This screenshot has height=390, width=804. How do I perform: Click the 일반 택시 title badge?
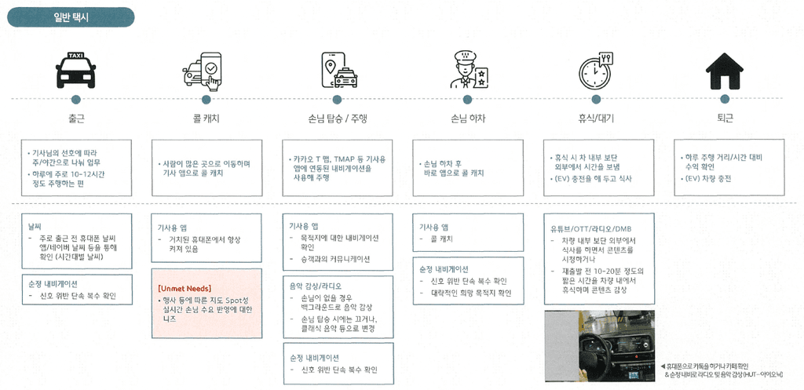click(x=71, y=16)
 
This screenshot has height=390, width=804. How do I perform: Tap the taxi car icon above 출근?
click(x=76, y=70)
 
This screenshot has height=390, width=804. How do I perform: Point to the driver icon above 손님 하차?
click(x=468, y=70)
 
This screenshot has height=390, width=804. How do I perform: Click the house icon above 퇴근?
click(x=725, y=71)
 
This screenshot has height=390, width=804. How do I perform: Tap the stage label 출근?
click(x=76, y=119)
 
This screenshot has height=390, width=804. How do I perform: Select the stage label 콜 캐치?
click(x=206, y=119)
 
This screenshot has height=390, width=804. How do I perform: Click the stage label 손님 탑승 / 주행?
click(x=338, y=119)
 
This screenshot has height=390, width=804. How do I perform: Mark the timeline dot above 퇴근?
click(x=725, y=100)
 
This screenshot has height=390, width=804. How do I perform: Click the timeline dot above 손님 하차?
click(x=468, y=100)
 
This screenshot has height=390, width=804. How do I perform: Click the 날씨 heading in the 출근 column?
click(x=37, y=226)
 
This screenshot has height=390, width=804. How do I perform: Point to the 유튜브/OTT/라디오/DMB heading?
click(x=590, y=228)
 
